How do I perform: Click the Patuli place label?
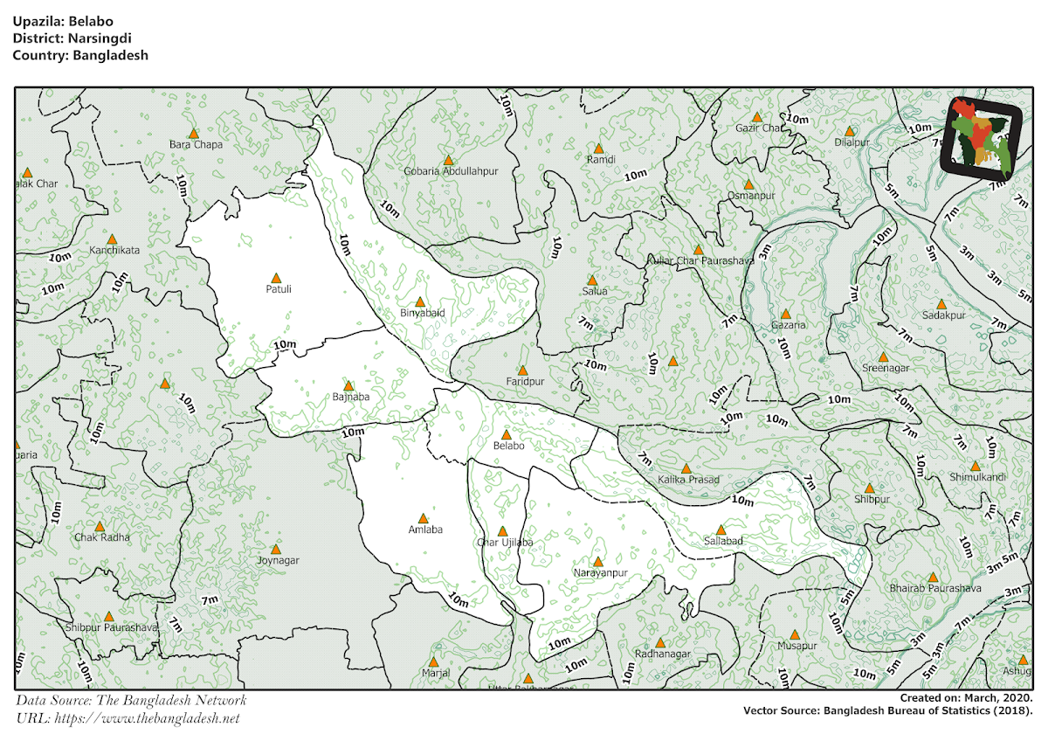click(279, 288)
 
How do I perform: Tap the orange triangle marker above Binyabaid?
click(419, 301)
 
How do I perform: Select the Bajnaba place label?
click(351, 397)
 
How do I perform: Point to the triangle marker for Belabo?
click(506, 434)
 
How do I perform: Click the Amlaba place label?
click(425, 530)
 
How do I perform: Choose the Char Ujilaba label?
click(504, 543)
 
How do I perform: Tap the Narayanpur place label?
click(600, 573)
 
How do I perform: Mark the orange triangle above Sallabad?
click(720, 530)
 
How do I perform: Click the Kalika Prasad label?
click(688, 480)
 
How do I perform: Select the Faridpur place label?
click(525, 383)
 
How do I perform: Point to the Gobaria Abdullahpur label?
click(451, 171)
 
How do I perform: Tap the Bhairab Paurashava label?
click(935, 589)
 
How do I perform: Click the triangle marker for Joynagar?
click(275, 549)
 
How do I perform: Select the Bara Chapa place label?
click(196, 144)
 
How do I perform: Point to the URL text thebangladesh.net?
click(147, 718)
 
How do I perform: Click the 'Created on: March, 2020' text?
click(966, 698)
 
